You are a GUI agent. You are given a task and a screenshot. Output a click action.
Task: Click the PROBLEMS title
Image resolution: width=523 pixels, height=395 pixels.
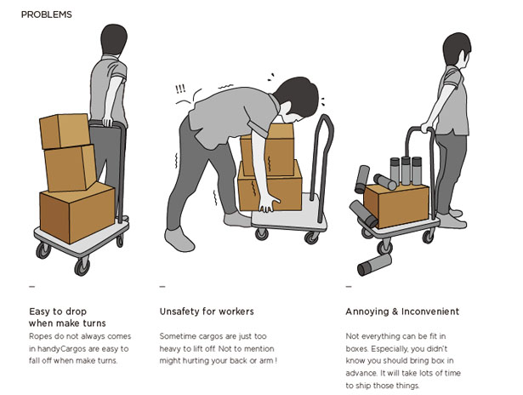pos(47,14)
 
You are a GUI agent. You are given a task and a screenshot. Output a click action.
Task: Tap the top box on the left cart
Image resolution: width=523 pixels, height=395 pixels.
pos(65,131)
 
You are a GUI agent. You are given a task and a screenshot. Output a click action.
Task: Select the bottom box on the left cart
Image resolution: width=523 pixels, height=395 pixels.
pos(77,212)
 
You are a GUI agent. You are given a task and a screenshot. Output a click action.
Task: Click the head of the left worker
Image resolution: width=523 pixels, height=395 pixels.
pos(114,39)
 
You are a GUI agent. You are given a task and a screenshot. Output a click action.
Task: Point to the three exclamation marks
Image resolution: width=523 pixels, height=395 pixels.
pos(180,89)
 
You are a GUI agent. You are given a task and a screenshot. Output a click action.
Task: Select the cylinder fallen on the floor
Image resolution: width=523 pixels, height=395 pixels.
pos(374,265)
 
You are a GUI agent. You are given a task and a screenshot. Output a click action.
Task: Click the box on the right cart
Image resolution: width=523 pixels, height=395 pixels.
pos(396,205)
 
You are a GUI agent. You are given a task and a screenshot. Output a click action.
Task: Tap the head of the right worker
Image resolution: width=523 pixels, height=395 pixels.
pos(457,50)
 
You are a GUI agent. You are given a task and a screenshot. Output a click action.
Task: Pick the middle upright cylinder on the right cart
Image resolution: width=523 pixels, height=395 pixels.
pos(406,170)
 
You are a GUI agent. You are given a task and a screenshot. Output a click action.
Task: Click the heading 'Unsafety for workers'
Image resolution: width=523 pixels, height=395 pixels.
pos(207,312)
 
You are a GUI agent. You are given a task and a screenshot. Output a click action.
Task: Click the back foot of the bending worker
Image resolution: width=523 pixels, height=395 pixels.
pos(179,238)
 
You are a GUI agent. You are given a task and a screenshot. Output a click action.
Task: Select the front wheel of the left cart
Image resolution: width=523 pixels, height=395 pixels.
pos(82,266)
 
